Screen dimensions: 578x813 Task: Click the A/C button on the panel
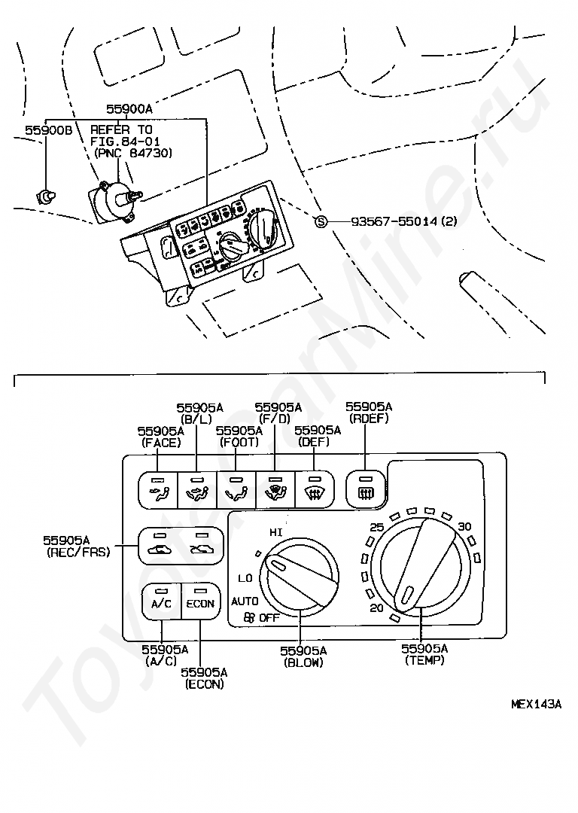(x=161, y=601)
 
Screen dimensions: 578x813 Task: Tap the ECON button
(x=201, y=601)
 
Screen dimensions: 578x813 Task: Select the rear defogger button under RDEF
(x=366, y=489)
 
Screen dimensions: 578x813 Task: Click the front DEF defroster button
(x=314, y=489)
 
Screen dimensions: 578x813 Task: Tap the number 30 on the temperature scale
(x=464, y=527)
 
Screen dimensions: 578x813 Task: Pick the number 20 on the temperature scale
(x=377, y=607)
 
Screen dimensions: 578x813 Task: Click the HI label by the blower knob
(x=275, y=532)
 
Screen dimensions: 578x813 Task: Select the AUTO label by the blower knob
(x=245, y=601)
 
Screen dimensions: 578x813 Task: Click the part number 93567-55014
(x=394, y=221)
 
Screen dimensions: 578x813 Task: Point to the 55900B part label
(x=49, y=129)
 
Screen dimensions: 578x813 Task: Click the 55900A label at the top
(x=129, y=109)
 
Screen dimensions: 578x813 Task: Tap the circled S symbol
(x=321, y=222)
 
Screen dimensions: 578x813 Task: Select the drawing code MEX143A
(x=536, y=704)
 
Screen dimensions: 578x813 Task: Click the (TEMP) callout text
(x=424, y=660)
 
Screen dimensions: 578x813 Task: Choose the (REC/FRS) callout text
(x=79, y=553)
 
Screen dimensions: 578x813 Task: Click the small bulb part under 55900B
(x=46, y=196)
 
